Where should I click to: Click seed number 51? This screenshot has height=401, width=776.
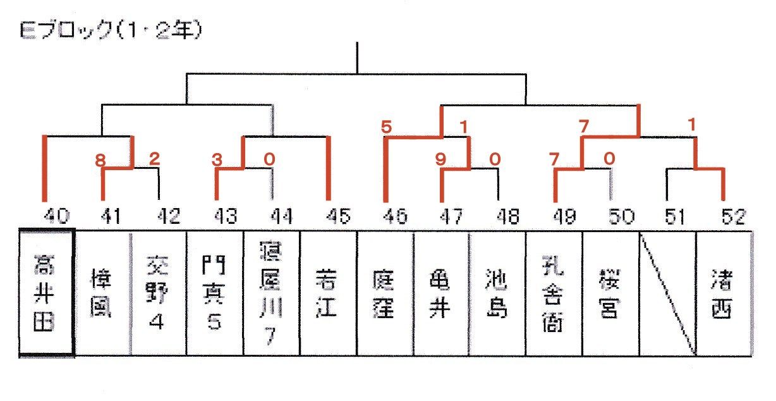click(676, 216)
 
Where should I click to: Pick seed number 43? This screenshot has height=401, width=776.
click(225, 216)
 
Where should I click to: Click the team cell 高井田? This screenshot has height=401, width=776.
click(47, 292)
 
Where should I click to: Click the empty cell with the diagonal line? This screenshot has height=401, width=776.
click(667, 293)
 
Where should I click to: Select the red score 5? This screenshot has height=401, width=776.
click(387, 127)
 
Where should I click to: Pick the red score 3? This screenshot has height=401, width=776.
click(217, 161)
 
